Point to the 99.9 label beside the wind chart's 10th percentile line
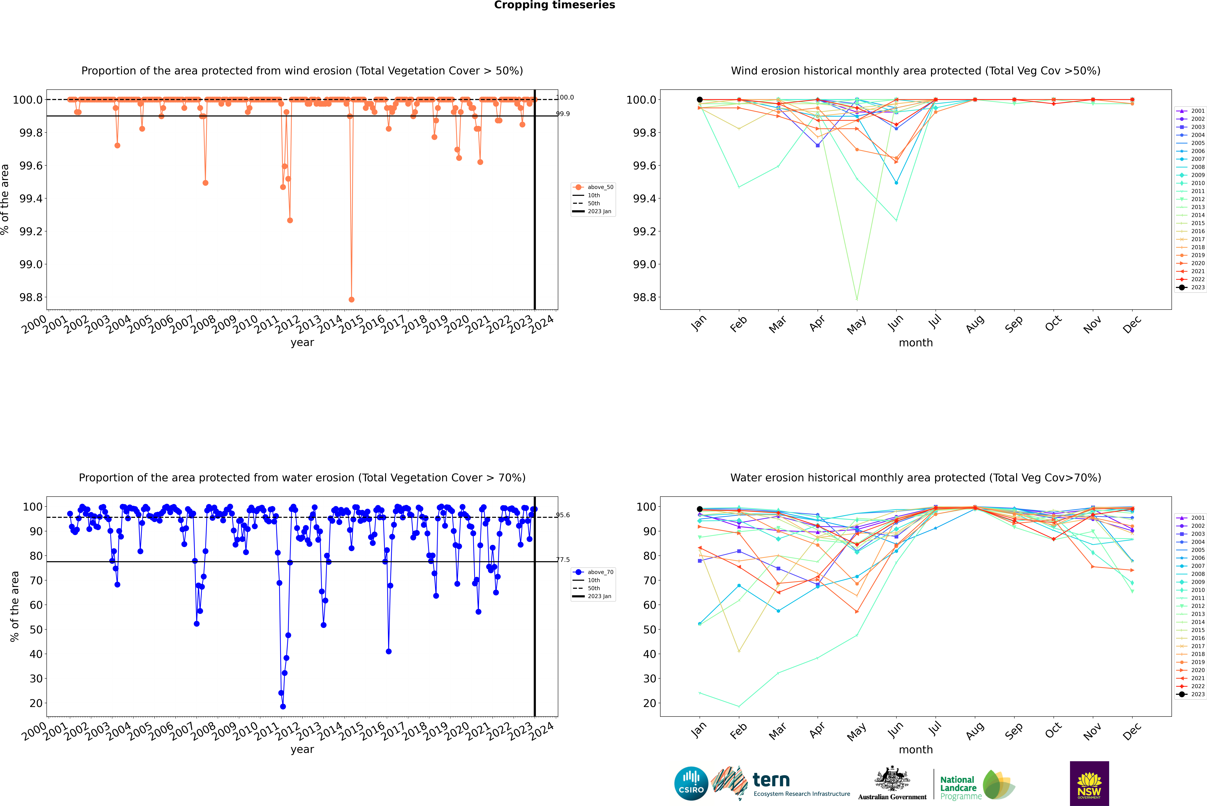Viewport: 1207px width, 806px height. [x=563, y=114]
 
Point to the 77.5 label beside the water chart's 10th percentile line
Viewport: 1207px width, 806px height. [x=563, y=560]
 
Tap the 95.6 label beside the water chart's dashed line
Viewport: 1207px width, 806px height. [x=563, y=515]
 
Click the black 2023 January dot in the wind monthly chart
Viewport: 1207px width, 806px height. [x=700, y=100]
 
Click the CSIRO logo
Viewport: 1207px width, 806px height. [x=691, y=783]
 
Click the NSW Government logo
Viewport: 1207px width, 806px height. [x=1089, y=783]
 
